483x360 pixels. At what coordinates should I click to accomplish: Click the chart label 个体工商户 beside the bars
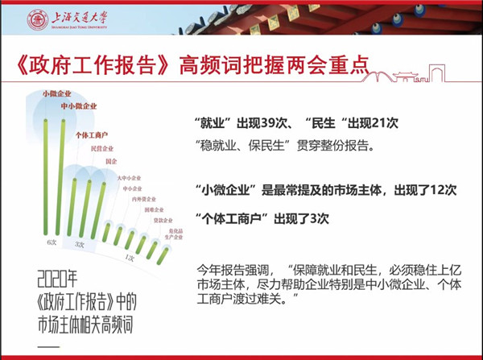pyautogui.click(x=91, y=134)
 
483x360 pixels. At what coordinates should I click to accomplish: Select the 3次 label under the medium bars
pyautogui.click(x=80, y=243)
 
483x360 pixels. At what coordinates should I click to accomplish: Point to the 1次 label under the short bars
pyautogui.click(x=129, y=257)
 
